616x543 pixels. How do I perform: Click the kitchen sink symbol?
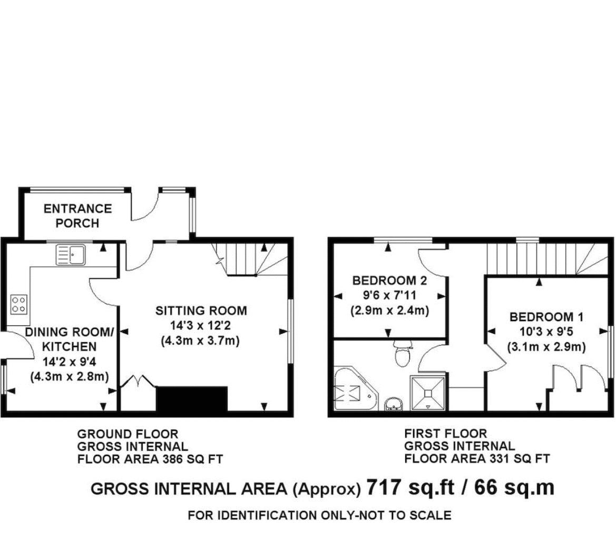(x=71, y=254)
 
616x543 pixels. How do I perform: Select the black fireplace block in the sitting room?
(x=192, y=399)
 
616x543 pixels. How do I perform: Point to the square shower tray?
(x=427, y=393)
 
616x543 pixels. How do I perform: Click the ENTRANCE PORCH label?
(x=77, y=216)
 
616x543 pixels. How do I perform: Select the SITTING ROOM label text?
(x=201, y=311)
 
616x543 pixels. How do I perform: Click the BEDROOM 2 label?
(x=389, y=280)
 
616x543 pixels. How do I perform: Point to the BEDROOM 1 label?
(x=546, y=317)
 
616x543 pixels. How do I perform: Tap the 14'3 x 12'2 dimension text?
(x=201, y=326)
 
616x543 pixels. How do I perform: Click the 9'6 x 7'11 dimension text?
(x=389, y=295)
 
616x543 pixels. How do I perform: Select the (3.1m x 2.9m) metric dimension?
(x=546, y=347)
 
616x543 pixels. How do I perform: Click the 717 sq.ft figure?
(x=410, y=488)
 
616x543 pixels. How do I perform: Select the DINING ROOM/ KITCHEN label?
(x=70, y=339)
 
